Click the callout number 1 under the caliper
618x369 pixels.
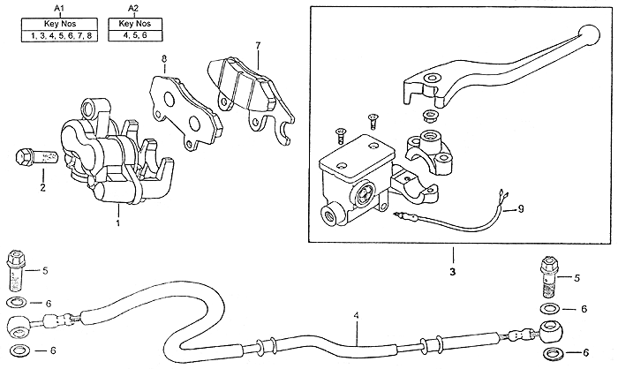tap(117, 223)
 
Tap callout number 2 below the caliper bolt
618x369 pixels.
tap(42, 187)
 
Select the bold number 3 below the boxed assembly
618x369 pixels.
tap(452, 272)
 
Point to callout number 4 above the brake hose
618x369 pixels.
tap(356, 315)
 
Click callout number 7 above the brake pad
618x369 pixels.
tap(258, 46)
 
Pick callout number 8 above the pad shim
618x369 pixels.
tap(164, 59)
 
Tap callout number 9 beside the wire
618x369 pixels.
tap(521, 209)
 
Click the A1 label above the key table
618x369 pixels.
tap(59, 8)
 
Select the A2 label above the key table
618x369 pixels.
tap(134, 8)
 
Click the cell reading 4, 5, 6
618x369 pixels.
tap(135, 35)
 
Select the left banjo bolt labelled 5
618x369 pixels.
tap(16, 270)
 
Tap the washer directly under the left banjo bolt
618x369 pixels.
tap(17, 303)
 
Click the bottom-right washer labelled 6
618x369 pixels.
tap(553, 353)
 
